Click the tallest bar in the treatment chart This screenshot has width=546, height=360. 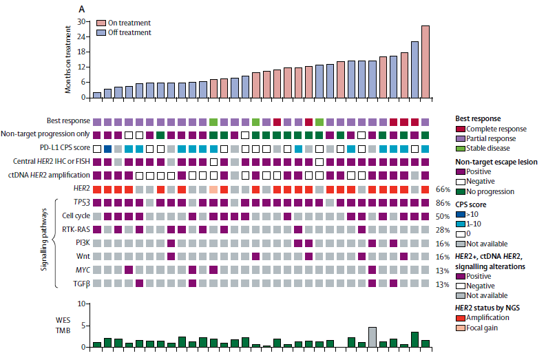point(426,61)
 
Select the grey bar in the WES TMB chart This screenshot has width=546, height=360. point(372,337)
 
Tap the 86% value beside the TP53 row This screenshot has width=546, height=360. point(442,202)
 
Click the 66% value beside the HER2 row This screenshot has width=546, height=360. point(442,189)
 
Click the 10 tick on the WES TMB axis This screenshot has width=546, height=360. point(81,304)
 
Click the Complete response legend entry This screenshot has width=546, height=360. point(495,129)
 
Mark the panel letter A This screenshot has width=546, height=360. point(82,9)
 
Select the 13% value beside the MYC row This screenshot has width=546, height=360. point(442,269)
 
